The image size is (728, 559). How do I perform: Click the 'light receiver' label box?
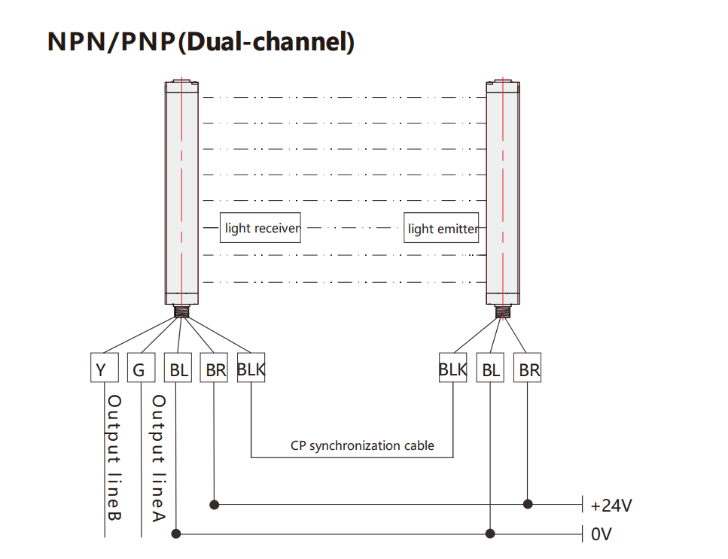pyautogui.click(x=261, y=228)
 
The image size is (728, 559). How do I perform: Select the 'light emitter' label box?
pyautogui.click(x=442, y=229)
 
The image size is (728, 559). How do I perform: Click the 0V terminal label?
pyautogui.click(x=602, y=535)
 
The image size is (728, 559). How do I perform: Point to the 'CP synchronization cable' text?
pyautogui.click(x=362, y=445)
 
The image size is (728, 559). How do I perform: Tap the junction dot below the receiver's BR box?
pyautogui.click(x=215, y=503)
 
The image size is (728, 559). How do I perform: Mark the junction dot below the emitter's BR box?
pyautogui.click(x=528, y=503)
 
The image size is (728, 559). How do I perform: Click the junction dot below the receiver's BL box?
pyautogui.click(x=176, y=534)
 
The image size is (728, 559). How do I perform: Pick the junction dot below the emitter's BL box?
pyautogui.click(x=490, y=534)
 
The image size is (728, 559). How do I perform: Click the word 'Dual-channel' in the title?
pyautogui.click(x=267, y=42)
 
